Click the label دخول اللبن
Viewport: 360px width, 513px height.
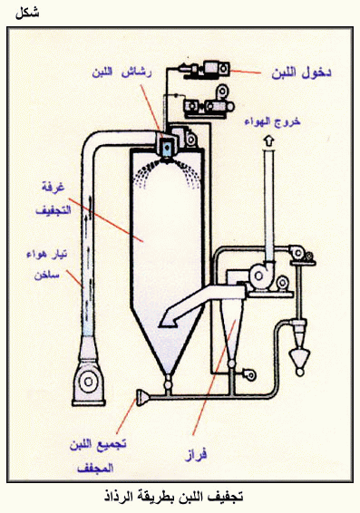point(301,73)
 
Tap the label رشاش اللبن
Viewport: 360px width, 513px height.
point(122,72)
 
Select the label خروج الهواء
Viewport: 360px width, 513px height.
point(272,121)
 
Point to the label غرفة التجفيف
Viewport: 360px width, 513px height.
point(53,198)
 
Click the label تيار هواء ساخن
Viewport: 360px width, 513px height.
point(47,265)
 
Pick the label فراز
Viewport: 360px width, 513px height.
point(196,455)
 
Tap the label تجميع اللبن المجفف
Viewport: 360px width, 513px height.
point(98,456)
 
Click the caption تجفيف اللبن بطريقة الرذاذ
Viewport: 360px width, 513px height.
point(174,497)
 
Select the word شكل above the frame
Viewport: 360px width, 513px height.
point(27,13)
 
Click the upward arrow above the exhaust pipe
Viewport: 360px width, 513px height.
point(269,141)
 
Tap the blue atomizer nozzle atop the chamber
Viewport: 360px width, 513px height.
point(167,148)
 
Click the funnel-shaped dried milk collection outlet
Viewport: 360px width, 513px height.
point(142,397)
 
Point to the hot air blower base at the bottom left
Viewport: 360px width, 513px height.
point(89,382)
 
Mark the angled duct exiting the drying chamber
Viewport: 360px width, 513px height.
point(200,304)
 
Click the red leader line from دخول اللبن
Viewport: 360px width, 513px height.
point(246,72)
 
